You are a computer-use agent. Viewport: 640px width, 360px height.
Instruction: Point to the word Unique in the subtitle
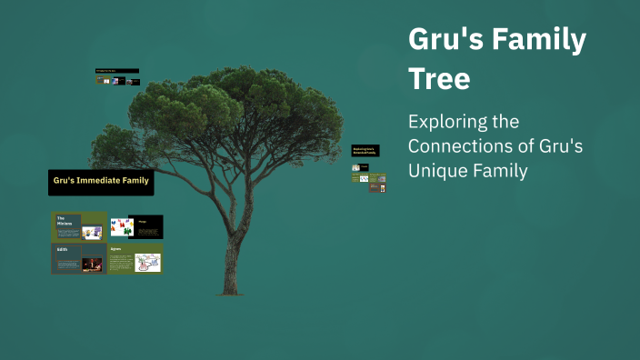[x=440, y=170]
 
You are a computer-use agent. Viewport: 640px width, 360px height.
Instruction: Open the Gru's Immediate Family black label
[x=101, y=182]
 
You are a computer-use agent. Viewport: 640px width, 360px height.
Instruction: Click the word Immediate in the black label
[x=101, y=182]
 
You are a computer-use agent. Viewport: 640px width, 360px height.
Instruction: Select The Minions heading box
[x=65, y=221]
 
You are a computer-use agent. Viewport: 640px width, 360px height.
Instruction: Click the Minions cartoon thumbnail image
[x=92, y=232]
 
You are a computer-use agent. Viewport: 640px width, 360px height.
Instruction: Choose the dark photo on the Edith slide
[x=92, y=264]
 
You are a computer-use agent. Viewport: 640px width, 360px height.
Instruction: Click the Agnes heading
[x=116, y=248]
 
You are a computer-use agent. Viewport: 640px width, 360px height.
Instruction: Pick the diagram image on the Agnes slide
[x=147, y=263]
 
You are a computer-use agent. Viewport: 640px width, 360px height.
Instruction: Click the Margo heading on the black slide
[x=144, y=220]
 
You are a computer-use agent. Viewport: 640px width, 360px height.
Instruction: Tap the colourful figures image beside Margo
[x=121, y=227]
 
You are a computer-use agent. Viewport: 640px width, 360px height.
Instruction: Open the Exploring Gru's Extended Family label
[x=365, y=150]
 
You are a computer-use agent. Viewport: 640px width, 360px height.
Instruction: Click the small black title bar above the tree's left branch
[x=117, y=71]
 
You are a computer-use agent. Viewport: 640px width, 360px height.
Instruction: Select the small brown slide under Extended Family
[x=357, y=179]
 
